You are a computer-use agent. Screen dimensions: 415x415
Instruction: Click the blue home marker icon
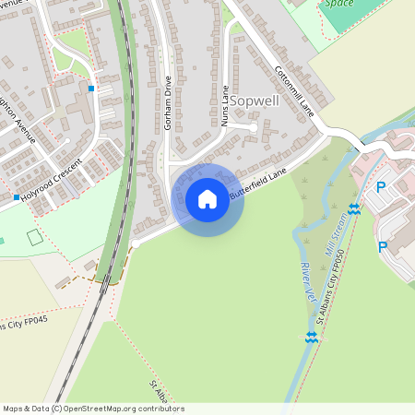click(207, 199)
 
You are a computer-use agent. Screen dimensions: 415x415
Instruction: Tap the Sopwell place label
click(254, 101)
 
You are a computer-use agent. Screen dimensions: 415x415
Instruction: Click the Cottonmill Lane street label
click(295, 90)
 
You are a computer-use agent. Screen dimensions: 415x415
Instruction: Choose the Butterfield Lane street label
click(259, 184)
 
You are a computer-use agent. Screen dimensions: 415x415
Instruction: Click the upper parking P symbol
click(381, 187)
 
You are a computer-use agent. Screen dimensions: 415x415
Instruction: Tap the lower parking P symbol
click(382, 247)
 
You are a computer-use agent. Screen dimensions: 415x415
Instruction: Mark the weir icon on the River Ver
click(312, 338)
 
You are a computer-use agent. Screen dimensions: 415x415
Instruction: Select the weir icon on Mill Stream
click(355, 208)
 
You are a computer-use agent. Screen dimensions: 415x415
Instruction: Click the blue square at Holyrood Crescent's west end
click(17, 197)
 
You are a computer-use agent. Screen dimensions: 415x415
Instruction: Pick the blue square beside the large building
click(91, 89)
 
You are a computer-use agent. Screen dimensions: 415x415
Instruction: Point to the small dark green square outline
click(34, 237)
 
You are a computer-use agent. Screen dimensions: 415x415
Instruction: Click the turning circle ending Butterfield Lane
click(135, 243)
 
